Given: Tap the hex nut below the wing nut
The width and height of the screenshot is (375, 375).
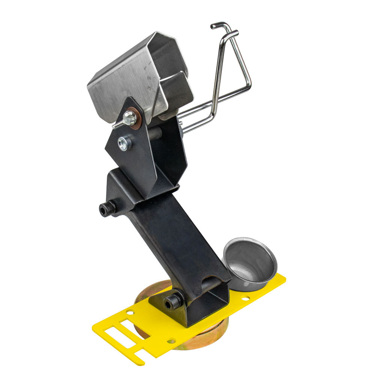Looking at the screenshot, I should click(x=124, y=143).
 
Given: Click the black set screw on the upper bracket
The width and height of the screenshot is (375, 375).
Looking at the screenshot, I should click(x=106, y=208).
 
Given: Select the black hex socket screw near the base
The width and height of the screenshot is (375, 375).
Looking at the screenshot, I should click(x=173, y=301).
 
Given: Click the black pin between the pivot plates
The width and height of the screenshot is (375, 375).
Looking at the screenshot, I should click(x=156, y=132).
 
